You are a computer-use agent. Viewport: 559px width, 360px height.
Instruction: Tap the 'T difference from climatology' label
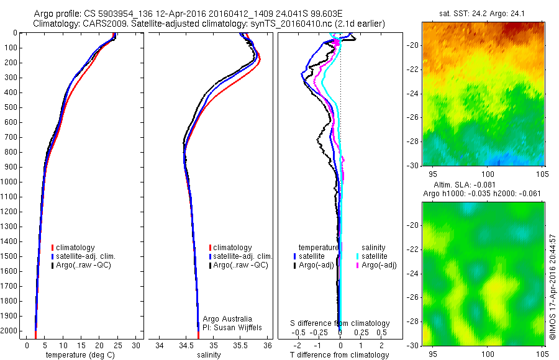[x=340, y=355]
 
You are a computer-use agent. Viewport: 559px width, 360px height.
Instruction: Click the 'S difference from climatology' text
[x=340, y=323]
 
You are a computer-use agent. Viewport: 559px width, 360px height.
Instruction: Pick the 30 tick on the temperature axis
[x=136, y=345]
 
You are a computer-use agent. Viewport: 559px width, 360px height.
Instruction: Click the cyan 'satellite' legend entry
[x=375, y=256]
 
